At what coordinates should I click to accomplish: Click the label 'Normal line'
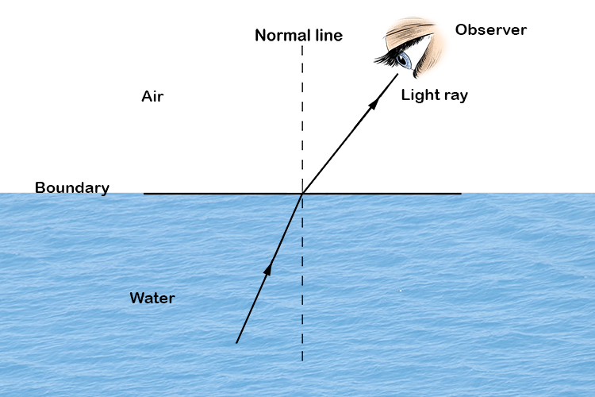(298, 36)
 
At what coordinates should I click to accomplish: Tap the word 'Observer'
(491, 30)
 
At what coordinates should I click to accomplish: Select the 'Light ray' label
(434, 95)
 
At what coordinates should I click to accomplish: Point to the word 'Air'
(152, 97)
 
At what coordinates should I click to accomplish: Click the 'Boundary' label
(71, 188)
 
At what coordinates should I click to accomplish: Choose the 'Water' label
(152, 299)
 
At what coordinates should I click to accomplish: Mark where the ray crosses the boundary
(302, 193)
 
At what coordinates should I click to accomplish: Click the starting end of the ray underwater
(236, 343)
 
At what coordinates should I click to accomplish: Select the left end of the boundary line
(144, 193)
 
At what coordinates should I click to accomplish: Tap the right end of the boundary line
(461, 193)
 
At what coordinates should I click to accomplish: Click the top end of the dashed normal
(302, 46)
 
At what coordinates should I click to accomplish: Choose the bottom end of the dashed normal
(302, 361)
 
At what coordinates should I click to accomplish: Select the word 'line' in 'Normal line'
(327, 36)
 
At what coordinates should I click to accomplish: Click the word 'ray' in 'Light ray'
(455, 96)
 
